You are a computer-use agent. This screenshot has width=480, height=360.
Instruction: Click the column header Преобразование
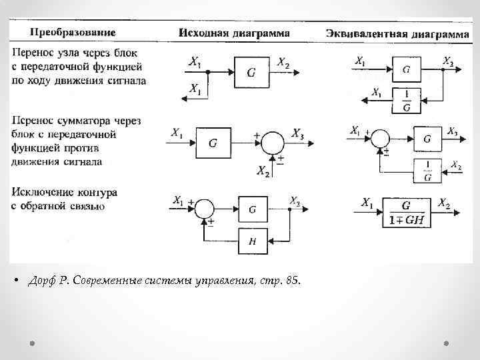71,32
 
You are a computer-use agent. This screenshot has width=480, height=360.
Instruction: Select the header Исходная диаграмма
234,33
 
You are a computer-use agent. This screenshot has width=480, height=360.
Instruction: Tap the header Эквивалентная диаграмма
397,33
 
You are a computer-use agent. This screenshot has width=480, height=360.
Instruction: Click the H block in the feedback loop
252,241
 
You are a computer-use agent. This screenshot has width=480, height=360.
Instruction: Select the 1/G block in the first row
407,100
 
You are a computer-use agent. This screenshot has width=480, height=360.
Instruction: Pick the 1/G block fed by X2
427,171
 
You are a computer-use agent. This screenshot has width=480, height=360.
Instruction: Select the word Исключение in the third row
42,192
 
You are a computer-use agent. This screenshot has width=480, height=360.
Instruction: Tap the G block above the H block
252,209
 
